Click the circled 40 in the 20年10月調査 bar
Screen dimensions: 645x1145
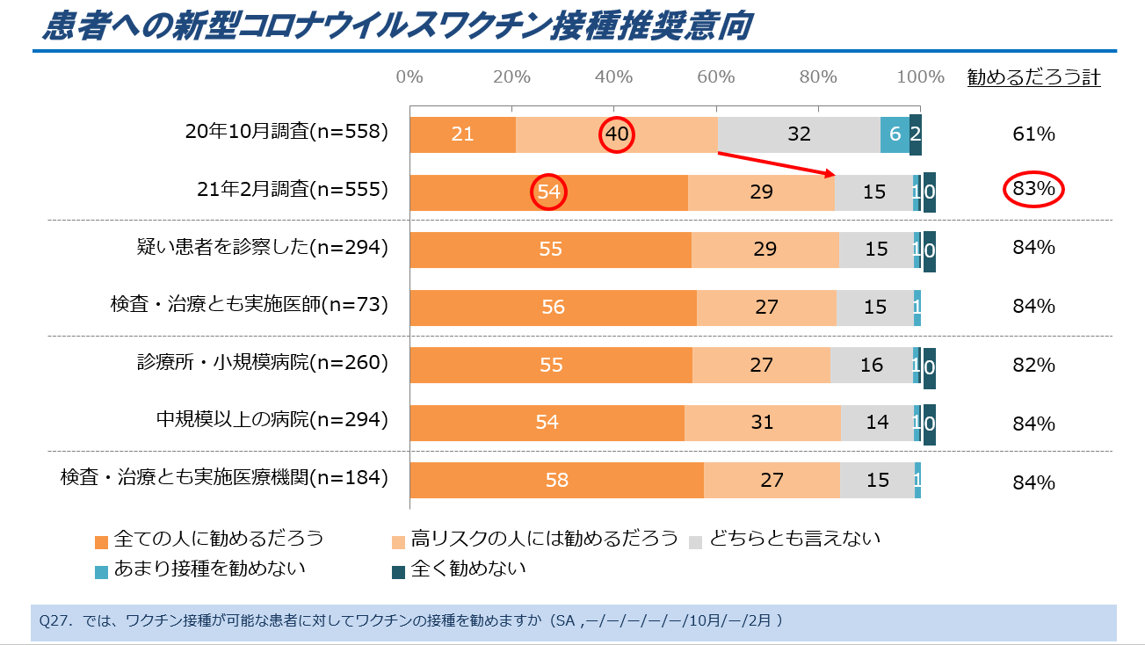coord(616,134)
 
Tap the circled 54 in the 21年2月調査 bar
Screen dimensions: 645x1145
coord(548,192)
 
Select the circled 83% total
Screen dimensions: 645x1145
coord(1033,189)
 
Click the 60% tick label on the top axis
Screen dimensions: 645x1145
coord(715,77)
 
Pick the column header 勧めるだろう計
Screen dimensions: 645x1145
coord(1033,77)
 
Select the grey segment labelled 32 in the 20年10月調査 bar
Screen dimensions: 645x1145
coord(799,134)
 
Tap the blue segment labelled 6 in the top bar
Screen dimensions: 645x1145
coord(895,134)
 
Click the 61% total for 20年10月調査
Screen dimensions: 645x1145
coord(1033,134)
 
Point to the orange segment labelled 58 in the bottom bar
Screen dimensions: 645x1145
coord(556,480)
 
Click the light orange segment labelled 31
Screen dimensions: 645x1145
coord(762,423)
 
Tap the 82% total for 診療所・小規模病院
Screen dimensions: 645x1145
coord(1033,365)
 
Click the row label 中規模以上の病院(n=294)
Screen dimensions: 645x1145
coord(272,420)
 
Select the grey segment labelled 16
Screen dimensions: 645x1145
coord(871,365)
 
